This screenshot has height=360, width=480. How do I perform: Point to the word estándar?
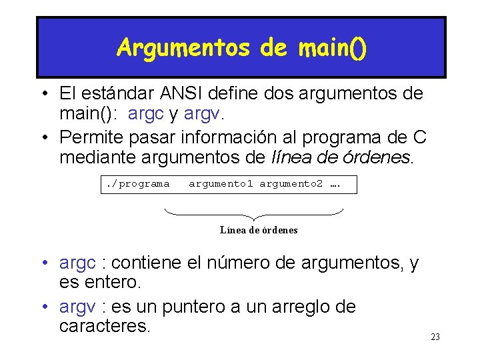tap(117, 94)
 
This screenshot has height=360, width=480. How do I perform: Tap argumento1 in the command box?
tap(221, 183)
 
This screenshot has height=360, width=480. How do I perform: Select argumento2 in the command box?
tap(291, 183)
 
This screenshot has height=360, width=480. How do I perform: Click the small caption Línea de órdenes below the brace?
tap(259, 230)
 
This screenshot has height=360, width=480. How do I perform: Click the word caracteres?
tap(105, 327)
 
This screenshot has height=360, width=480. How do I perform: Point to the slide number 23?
tap(435, 337)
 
